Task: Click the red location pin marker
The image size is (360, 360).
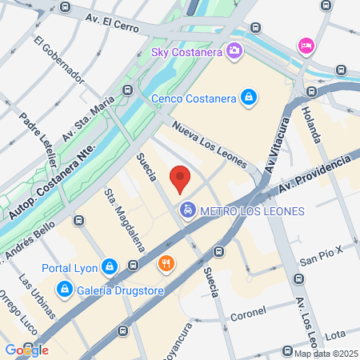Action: point(181,178)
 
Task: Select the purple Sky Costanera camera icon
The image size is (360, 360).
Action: point(234,53)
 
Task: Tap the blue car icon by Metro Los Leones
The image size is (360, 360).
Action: point(186,211)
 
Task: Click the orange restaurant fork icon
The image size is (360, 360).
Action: point(166,262)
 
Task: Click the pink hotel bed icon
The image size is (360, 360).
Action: point(306,45)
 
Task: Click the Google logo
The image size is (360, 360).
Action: point(26,350)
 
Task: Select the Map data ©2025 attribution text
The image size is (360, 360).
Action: point(326,354)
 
